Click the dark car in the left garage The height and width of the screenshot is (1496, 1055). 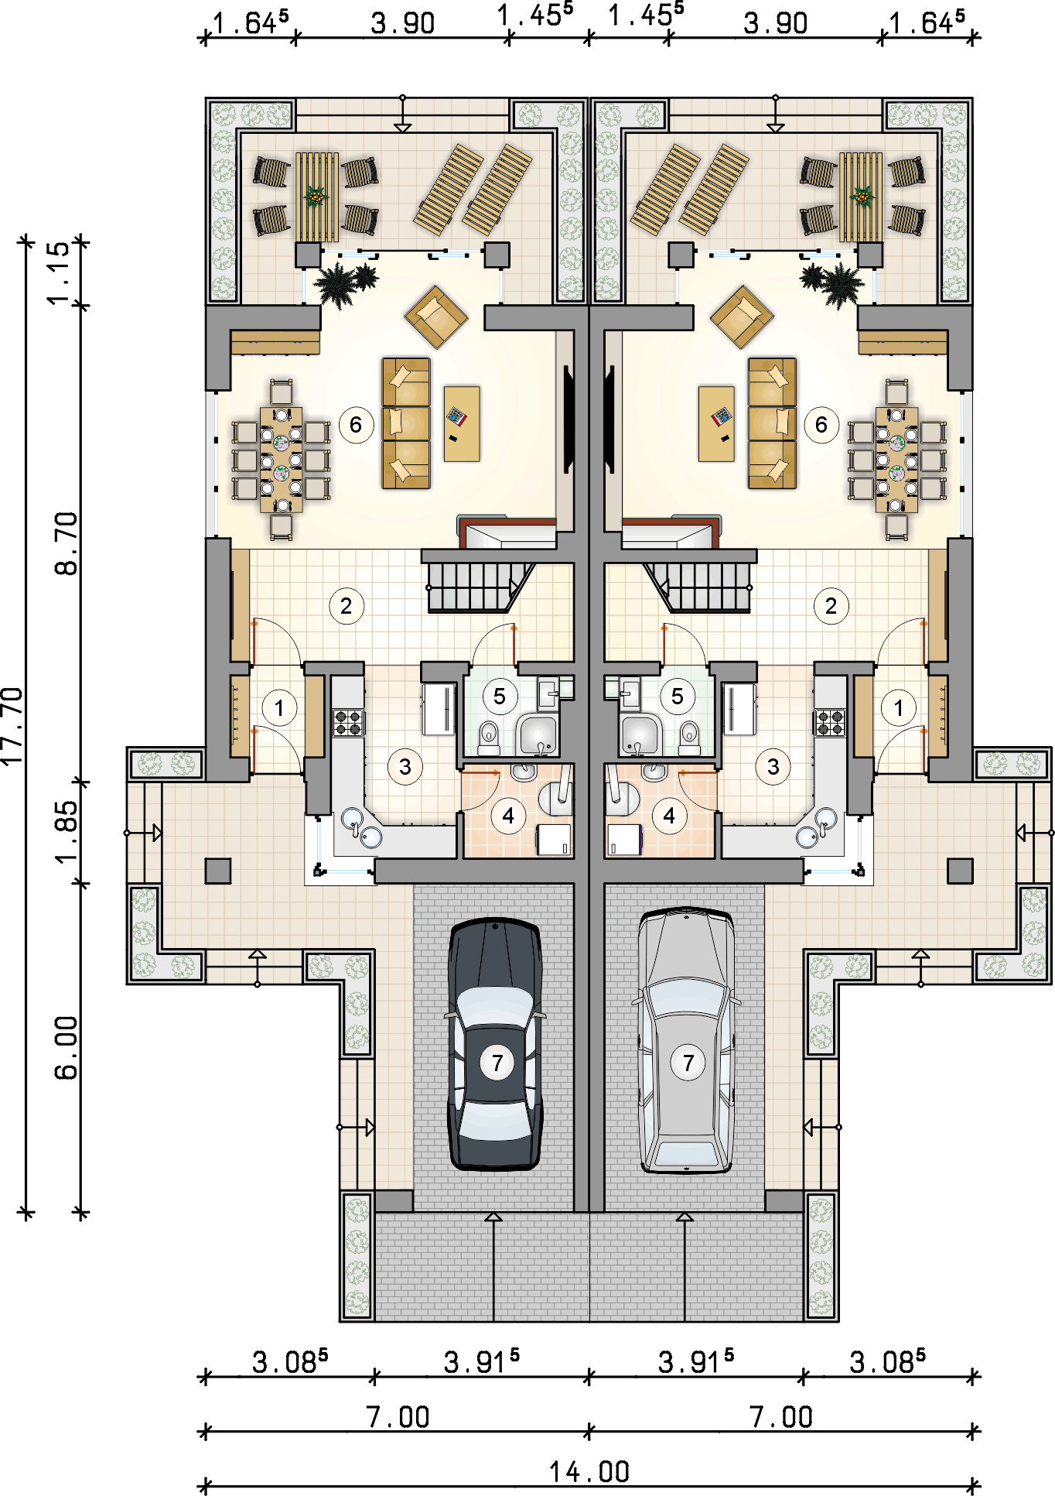coord(496,1044)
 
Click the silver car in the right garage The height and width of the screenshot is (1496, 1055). coord(686,1041)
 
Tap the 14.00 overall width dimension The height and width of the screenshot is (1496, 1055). coord(589,1471)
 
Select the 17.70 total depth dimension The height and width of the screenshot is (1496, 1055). coord(13,726)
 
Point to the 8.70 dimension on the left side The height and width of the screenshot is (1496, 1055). coord(67,543)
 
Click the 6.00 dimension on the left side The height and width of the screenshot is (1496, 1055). coord(67,1048)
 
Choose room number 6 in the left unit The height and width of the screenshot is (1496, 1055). coord(356,424)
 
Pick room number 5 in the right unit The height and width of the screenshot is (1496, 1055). coord(678,696)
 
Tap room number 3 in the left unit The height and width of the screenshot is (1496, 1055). coord(405,767)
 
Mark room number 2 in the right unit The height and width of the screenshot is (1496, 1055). coord(831,606)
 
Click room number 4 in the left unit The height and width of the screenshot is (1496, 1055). coord(508,816)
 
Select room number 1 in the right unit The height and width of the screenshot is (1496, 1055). coord(899,707)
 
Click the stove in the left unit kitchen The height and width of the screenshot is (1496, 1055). coord(348,722)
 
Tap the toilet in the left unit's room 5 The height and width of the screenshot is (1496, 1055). coord(489,738)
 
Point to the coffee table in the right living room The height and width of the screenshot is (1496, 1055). coord(716,424)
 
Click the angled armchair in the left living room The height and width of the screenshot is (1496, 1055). coord(436,317)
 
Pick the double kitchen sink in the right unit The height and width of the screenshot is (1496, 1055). coord(817,827)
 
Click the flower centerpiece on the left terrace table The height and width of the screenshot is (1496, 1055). coord(316,196)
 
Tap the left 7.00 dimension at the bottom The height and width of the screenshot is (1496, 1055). coord(398,1417)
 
